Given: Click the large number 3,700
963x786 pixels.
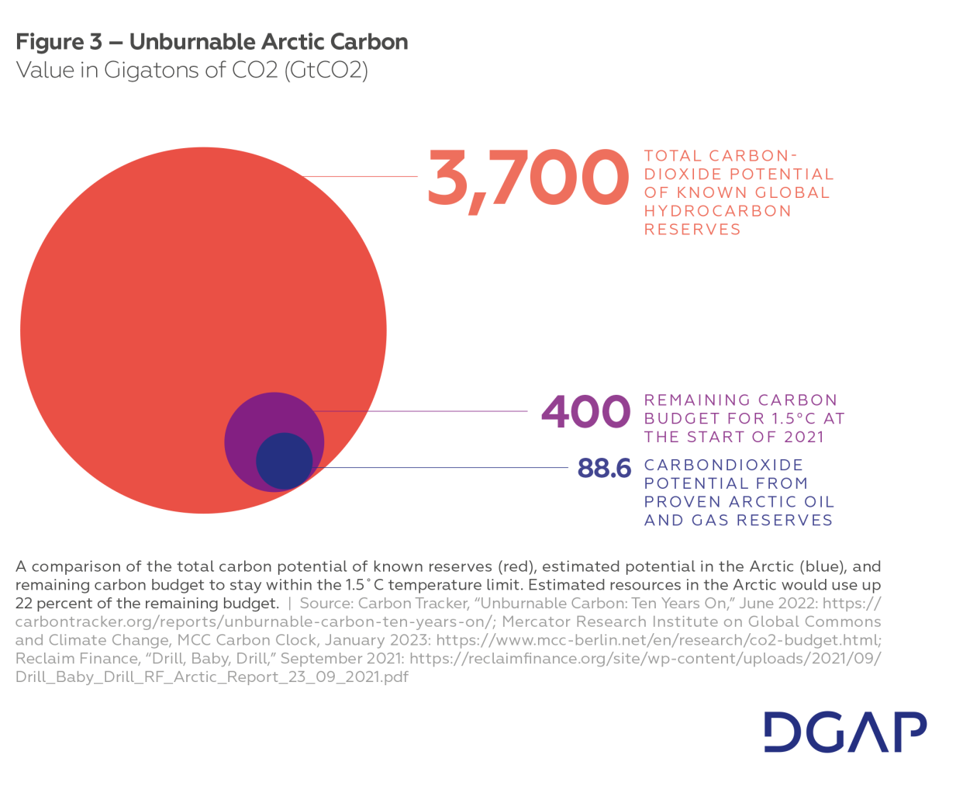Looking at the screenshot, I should click(x=527, y=178).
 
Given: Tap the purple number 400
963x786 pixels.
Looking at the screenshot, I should click(x=585, y=411).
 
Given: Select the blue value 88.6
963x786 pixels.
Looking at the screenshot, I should click(x=604, y=468).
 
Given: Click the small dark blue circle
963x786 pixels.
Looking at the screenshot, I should click(x=284, y=460).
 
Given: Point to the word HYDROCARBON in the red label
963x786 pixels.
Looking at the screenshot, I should click(x=717, y=211).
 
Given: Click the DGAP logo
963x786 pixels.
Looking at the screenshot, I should click(x=845, y=731).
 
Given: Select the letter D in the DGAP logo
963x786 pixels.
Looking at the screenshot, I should click(x=781, y=731).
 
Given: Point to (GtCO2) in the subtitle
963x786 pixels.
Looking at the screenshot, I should click(x=326, y=71).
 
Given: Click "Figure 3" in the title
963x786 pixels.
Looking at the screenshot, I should click(x=59, y=42).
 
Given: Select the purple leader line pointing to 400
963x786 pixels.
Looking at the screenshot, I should click(x=426, y=411).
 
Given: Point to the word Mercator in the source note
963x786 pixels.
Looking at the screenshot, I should click(x=534, y=622).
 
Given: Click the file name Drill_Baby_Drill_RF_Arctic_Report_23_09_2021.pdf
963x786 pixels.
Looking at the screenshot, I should click(x=212, y=677).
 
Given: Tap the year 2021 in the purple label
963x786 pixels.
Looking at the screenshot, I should click(x=803, y=437).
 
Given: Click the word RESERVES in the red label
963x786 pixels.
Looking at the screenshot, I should click(x=692, y=230).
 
